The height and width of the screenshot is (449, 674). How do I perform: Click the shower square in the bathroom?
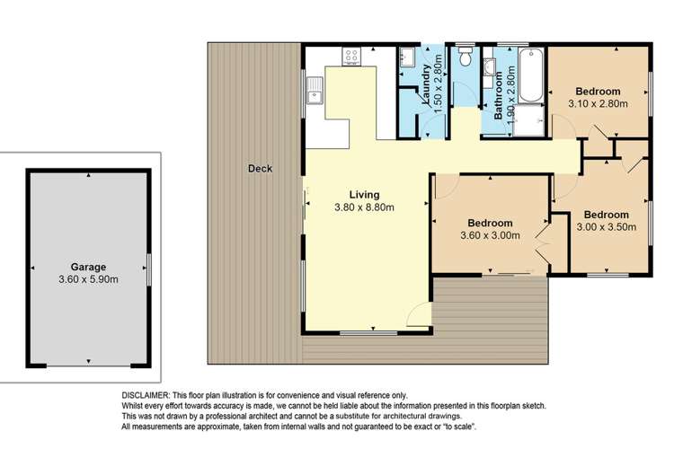click(529, 120)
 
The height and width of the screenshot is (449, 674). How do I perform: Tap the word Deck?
click(261, 168)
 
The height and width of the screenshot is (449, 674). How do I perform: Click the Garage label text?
click(89, 267)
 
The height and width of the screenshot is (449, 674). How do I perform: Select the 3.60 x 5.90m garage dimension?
click(89, 280)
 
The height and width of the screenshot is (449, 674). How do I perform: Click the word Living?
click(365, 194)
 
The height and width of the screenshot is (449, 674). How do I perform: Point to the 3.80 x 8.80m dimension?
click(365, 207)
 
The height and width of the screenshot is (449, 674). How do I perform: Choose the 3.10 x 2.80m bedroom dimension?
click(598, 104)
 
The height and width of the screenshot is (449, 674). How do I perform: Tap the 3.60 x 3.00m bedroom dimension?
click(490, 236)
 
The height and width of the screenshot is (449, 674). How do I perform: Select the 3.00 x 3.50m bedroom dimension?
click(605, 228)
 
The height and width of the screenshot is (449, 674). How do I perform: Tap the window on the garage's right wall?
click(149, 268)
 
